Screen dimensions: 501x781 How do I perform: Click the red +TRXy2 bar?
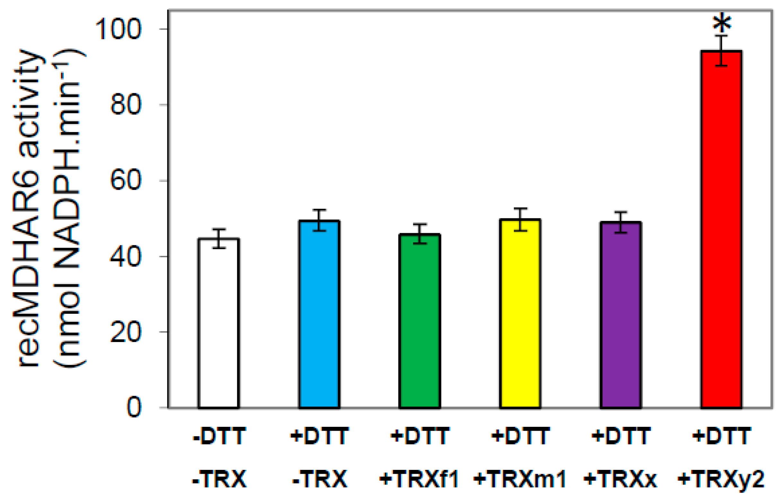click(721, 228)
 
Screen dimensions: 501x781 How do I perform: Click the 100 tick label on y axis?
click(118, 30)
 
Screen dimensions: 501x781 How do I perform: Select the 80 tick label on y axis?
click(126, 105)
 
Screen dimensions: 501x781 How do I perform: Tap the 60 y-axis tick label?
click(126, 180)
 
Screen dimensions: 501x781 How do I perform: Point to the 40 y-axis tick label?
click(126, 256)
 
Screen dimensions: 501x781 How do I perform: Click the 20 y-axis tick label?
click(126, 332)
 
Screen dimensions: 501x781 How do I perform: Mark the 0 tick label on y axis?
click(134, 407)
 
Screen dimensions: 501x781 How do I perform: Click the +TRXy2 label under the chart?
click(721, 479)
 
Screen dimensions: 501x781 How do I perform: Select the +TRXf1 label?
click(419, 479)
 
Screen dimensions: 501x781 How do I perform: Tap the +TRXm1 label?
click(520, 479)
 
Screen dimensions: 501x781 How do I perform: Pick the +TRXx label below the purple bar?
click(620, 479)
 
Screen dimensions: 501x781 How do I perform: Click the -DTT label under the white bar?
click(219, 436)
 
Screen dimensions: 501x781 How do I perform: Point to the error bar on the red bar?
click(721, 50)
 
